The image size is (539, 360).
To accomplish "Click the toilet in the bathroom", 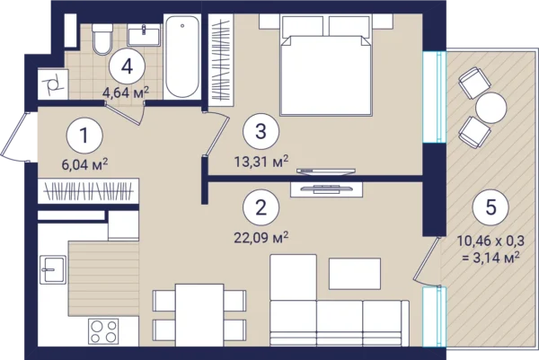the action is [x=102, y=40].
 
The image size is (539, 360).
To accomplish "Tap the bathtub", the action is [x=181, y=57].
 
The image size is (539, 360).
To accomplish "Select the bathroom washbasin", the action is [x=144, y=35].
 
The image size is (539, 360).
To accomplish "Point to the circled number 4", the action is [x=127, y=66].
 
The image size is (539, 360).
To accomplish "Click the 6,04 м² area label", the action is [x=85, y=164].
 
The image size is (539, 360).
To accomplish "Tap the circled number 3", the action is [x=261, y=131].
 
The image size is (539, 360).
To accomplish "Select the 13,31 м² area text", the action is [x=261, y=161].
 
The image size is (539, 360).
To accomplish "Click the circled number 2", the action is [x=261, y=207].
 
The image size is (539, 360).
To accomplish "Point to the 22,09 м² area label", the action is [x=261, y=237].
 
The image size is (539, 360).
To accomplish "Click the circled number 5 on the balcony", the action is [x=490, y=207].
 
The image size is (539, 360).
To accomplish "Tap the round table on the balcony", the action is [x=490, y=108].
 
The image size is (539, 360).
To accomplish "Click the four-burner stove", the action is [x=103, y=331].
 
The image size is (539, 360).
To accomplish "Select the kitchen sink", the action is [x=53, y=269].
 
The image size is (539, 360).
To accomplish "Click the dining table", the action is [x=199, y=315].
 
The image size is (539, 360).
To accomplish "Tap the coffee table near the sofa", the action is [x=355, y=274].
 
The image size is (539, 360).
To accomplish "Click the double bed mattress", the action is [x=326, y=75].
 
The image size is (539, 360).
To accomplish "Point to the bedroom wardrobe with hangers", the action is [x=221, y=60].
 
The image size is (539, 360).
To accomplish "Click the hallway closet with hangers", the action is [x=88, y=191].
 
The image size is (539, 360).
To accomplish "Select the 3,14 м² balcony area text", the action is [x=490, y=258].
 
